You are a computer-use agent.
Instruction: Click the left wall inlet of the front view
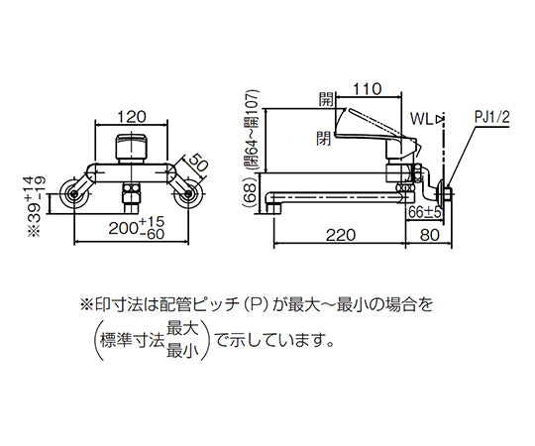(x=72, y=193)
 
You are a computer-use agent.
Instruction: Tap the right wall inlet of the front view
(x=188, y=193)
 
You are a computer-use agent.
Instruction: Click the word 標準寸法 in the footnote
(x=132, y=342)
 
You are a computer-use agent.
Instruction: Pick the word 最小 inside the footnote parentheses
(x=182, y=351)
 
